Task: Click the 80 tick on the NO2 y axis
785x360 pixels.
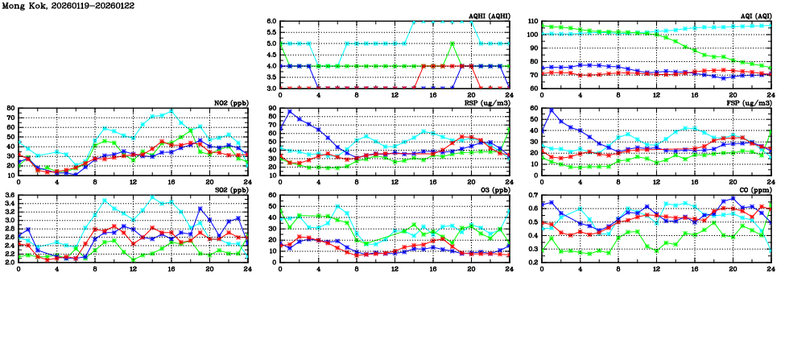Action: coord(10,108)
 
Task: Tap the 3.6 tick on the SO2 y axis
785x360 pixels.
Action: coord(10,196)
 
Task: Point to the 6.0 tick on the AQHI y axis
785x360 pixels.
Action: coord(271,21)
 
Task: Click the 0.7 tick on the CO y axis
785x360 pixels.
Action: coord(533,196)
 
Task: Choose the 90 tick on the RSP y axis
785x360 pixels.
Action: coord(272,108)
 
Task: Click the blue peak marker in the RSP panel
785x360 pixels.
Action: coord(290,111)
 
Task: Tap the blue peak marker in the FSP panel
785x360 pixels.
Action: coord(552,110)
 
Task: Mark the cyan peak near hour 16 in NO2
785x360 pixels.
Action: coord(171,111)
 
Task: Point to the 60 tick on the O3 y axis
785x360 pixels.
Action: coord(272,196)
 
